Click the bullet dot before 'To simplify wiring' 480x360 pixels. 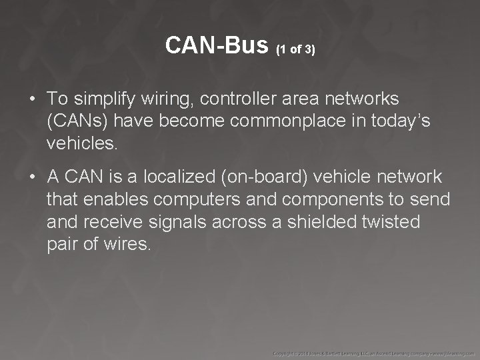tap(33, 100)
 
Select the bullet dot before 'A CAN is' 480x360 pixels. tap(33, 177)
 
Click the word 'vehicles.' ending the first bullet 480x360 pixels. tap(81, 143)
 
